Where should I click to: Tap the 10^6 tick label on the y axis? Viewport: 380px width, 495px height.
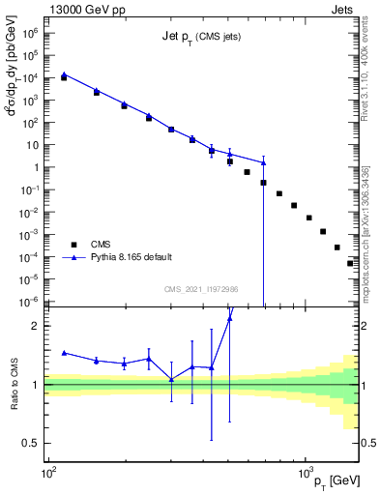pyautogui.click(x=31, y=32)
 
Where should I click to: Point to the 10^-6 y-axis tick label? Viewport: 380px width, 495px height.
pyautogui.click(x=30, y=302)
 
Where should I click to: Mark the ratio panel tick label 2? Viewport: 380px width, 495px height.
pyautogui.click(x=37, y=327)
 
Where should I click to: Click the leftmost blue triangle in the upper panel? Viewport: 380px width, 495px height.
pyautogui.click(x=64, y=73)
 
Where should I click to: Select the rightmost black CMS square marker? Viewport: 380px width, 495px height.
pyautogui.click(x=351, y=263)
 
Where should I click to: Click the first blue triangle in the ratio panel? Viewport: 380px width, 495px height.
pyautogui.click(x=64, y=353)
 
